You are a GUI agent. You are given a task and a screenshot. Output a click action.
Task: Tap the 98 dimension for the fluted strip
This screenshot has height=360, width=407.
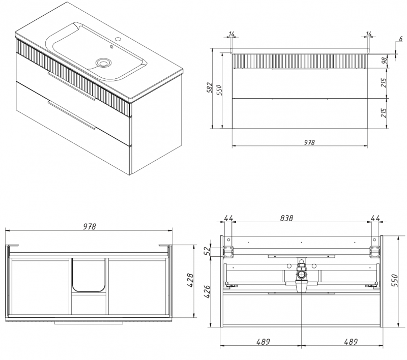pyautogui.click(x=384, y=61)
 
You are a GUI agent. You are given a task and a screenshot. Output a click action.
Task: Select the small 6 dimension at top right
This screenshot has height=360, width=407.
pyautogui.click(x=401, y=39)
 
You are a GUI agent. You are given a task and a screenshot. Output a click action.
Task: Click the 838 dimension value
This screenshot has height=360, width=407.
pyautogui.click(x=286, y=218)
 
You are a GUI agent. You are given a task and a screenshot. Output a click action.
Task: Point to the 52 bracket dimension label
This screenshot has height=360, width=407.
pyautogui.click(x=207, y=251)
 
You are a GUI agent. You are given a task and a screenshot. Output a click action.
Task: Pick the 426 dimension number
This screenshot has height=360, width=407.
pyautogui.click(x=207, y=291)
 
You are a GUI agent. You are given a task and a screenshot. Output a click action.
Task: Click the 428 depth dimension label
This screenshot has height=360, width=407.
pyautogui.click(x=190, y=281)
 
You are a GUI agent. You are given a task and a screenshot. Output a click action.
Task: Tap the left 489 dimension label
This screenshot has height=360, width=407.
pyautogui.click(x=263, y=342)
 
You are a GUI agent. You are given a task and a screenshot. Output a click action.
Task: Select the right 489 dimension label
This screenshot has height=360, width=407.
pyautogui.click(x=351, y=342)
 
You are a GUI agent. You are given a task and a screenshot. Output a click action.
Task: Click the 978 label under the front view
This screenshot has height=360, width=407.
pyautogui.click(x=309, y=142)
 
